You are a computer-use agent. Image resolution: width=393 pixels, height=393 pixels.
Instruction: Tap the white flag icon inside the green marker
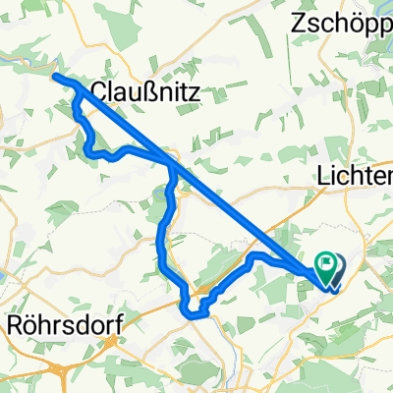tap(326, 262)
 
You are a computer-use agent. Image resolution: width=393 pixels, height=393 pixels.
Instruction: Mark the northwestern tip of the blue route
tap(55, 77)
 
